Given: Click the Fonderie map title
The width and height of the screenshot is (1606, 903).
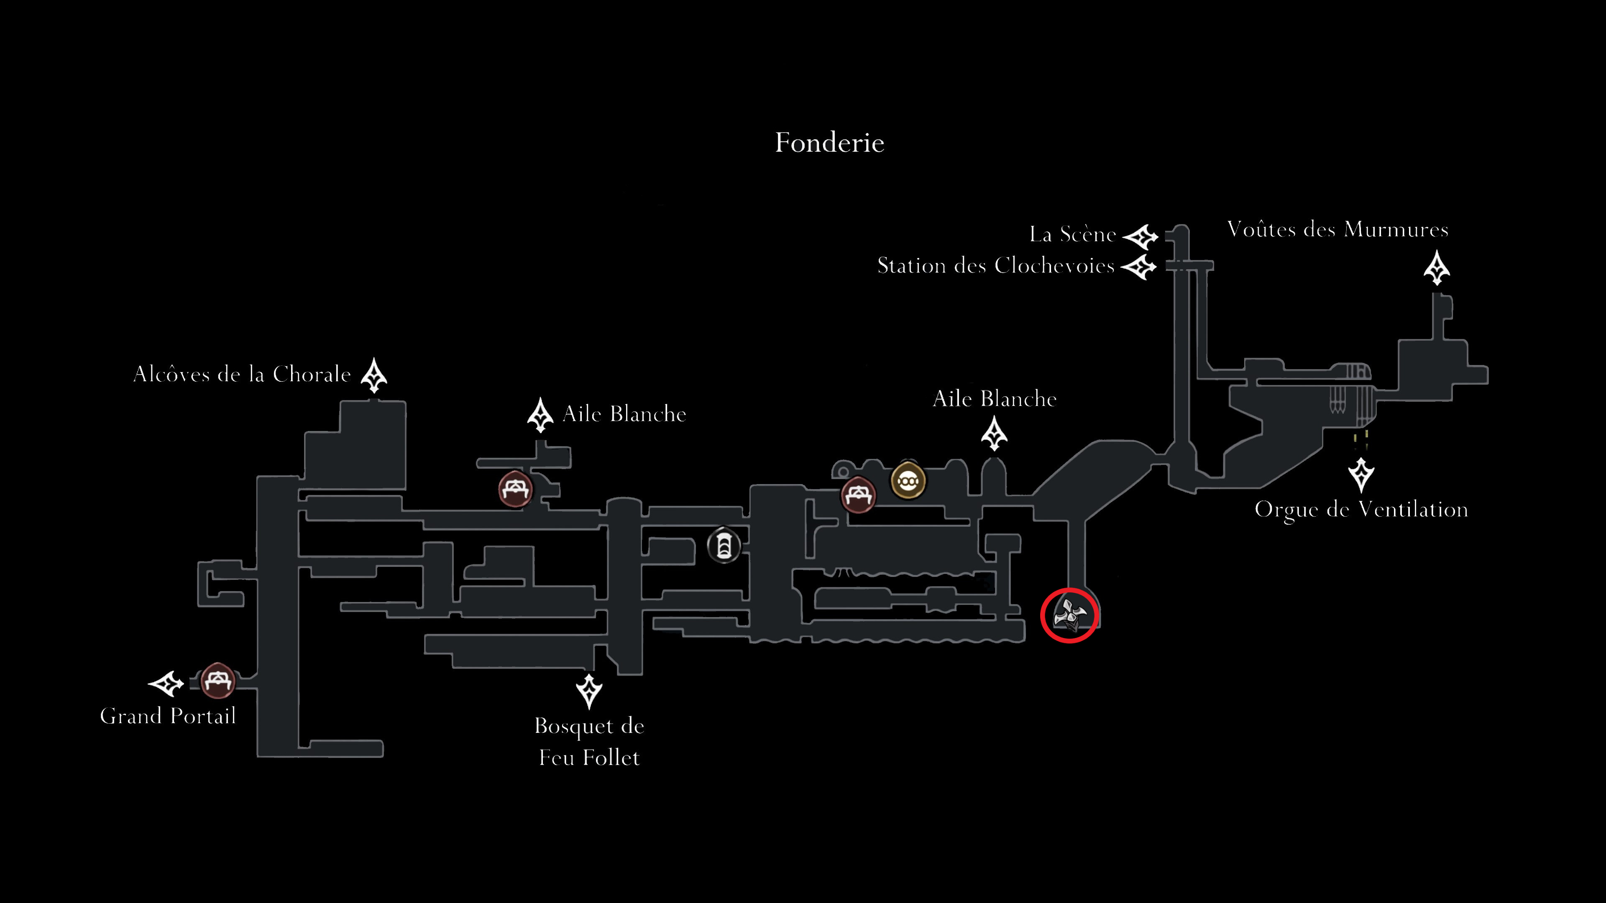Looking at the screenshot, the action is coord(829,143).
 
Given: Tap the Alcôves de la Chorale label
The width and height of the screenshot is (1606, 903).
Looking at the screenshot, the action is coord(242,375).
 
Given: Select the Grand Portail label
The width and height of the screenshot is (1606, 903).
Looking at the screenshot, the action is coord(168,716).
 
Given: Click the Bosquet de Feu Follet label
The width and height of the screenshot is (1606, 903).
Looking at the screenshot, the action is coord(589,742).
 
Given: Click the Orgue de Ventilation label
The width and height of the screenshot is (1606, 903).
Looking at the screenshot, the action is coord(1361,510).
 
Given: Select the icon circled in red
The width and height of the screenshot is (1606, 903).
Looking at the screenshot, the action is coord(1069,615).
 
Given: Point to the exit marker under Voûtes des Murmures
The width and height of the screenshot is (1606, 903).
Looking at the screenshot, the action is coord(1437,268).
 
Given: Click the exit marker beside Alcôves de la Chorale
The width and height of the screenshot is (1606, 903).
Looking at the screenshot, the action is coord(374,375).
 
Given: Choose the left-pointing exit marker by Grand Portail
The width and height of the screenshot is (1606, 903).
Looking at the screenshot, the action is coord(166,684).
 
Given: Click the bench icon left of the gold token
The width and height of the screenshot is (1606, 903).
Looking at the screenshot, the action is coord(859,495).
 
